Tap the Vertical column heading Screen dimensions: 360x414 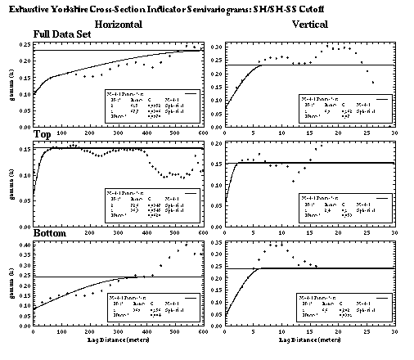point(310,25)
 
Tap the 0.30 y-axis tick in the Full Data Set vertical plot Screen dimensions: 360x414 point(215,47)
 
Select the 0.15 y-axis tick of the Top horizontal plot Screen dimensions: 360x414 point(22,149)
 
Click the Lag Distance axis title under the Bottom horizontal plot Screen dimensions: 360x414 point(118,338)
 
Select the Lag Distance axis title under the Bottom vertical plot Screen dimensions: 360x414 point(310,338)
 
